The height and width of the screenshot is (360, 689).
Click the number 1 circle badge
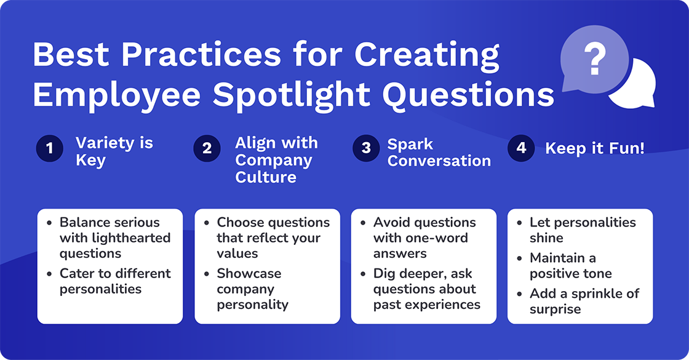[x=50, y=148]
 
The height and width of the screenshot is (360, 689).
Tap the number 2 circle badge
[x=207, y=148]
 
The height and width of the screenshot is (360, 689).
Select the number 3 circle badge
[x=366, y=148]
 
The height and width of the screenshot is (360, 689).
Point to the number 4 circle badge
[x=522, y=148]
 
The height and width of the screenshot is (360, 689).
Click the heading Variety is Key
[x=114, y=151]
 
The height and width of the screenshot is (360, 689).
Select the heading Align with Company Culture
[x=276, y=160]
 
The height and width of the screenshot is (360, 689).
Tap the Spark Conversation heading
[x=439, y=153]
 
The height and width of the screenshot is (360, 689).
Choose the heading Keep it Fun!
[x=595, y=148]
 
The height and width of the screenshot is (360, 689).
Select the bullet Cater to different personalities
[x=115, y=281]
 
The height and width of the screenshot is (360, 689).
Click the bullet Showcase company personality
[x=252, y=289]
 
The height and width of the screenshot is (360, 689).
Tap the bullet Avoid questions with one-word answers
[x=424, y=238]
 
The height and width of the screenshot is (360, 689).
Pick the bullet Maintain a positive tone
[x=570, y=265]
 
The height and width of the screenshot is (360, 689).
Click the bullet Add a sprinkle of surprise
[x=584, y=301]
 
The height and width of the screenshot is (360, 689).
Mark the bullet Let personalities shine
[x=582, y=230]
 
